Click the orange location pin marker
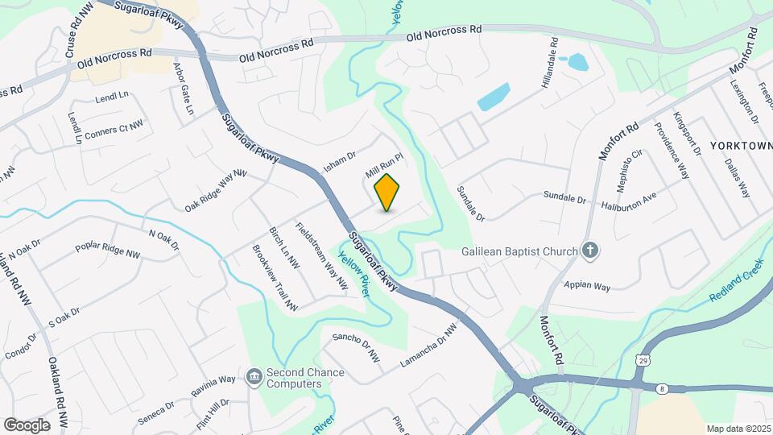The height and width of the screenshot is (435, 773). click(387, 192)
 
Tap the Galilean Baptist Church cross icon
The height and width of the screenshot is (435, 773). click(590, 251)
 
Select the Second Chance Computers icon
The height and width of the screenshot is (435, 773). click(254, 376)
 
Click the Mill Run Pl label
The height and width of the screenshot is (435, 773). click(383, 167)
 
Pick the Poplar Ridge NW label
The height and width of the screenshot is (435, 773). click(107, 250)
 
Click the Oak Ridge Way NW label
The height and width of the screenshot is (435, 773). click(215, 191)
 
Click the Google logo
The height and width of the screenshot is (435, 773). click(27, 425)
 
